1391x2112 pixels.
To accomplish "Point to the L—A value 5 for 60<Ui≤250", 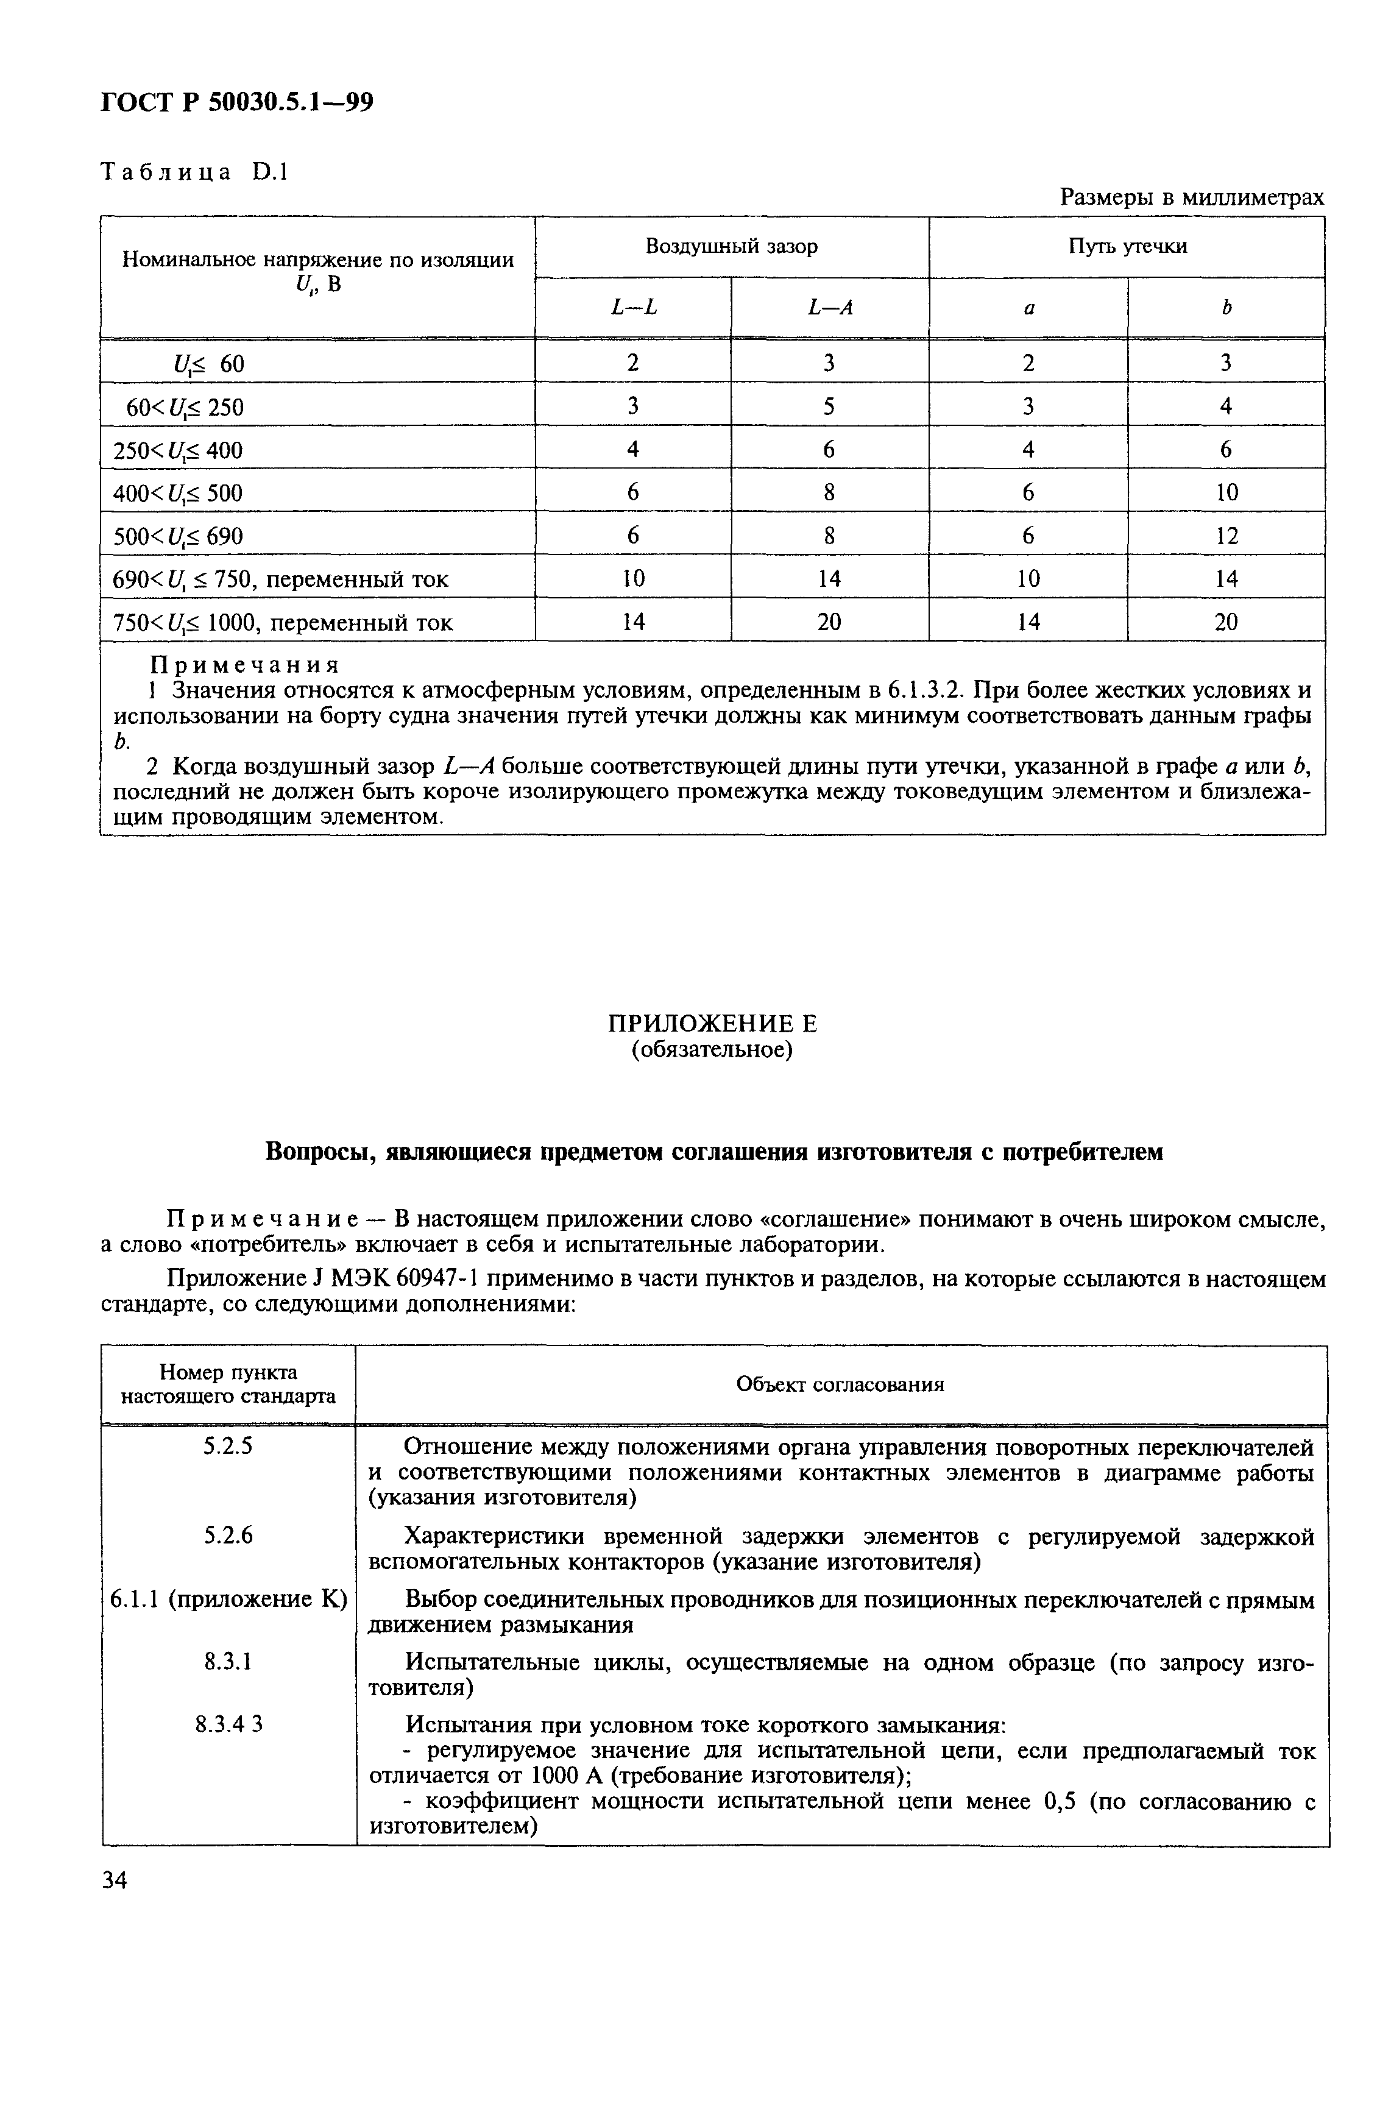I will [x=829, y=406].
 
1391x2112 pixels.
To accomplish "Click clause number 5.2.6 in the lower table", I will [x=228, y=1534].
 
